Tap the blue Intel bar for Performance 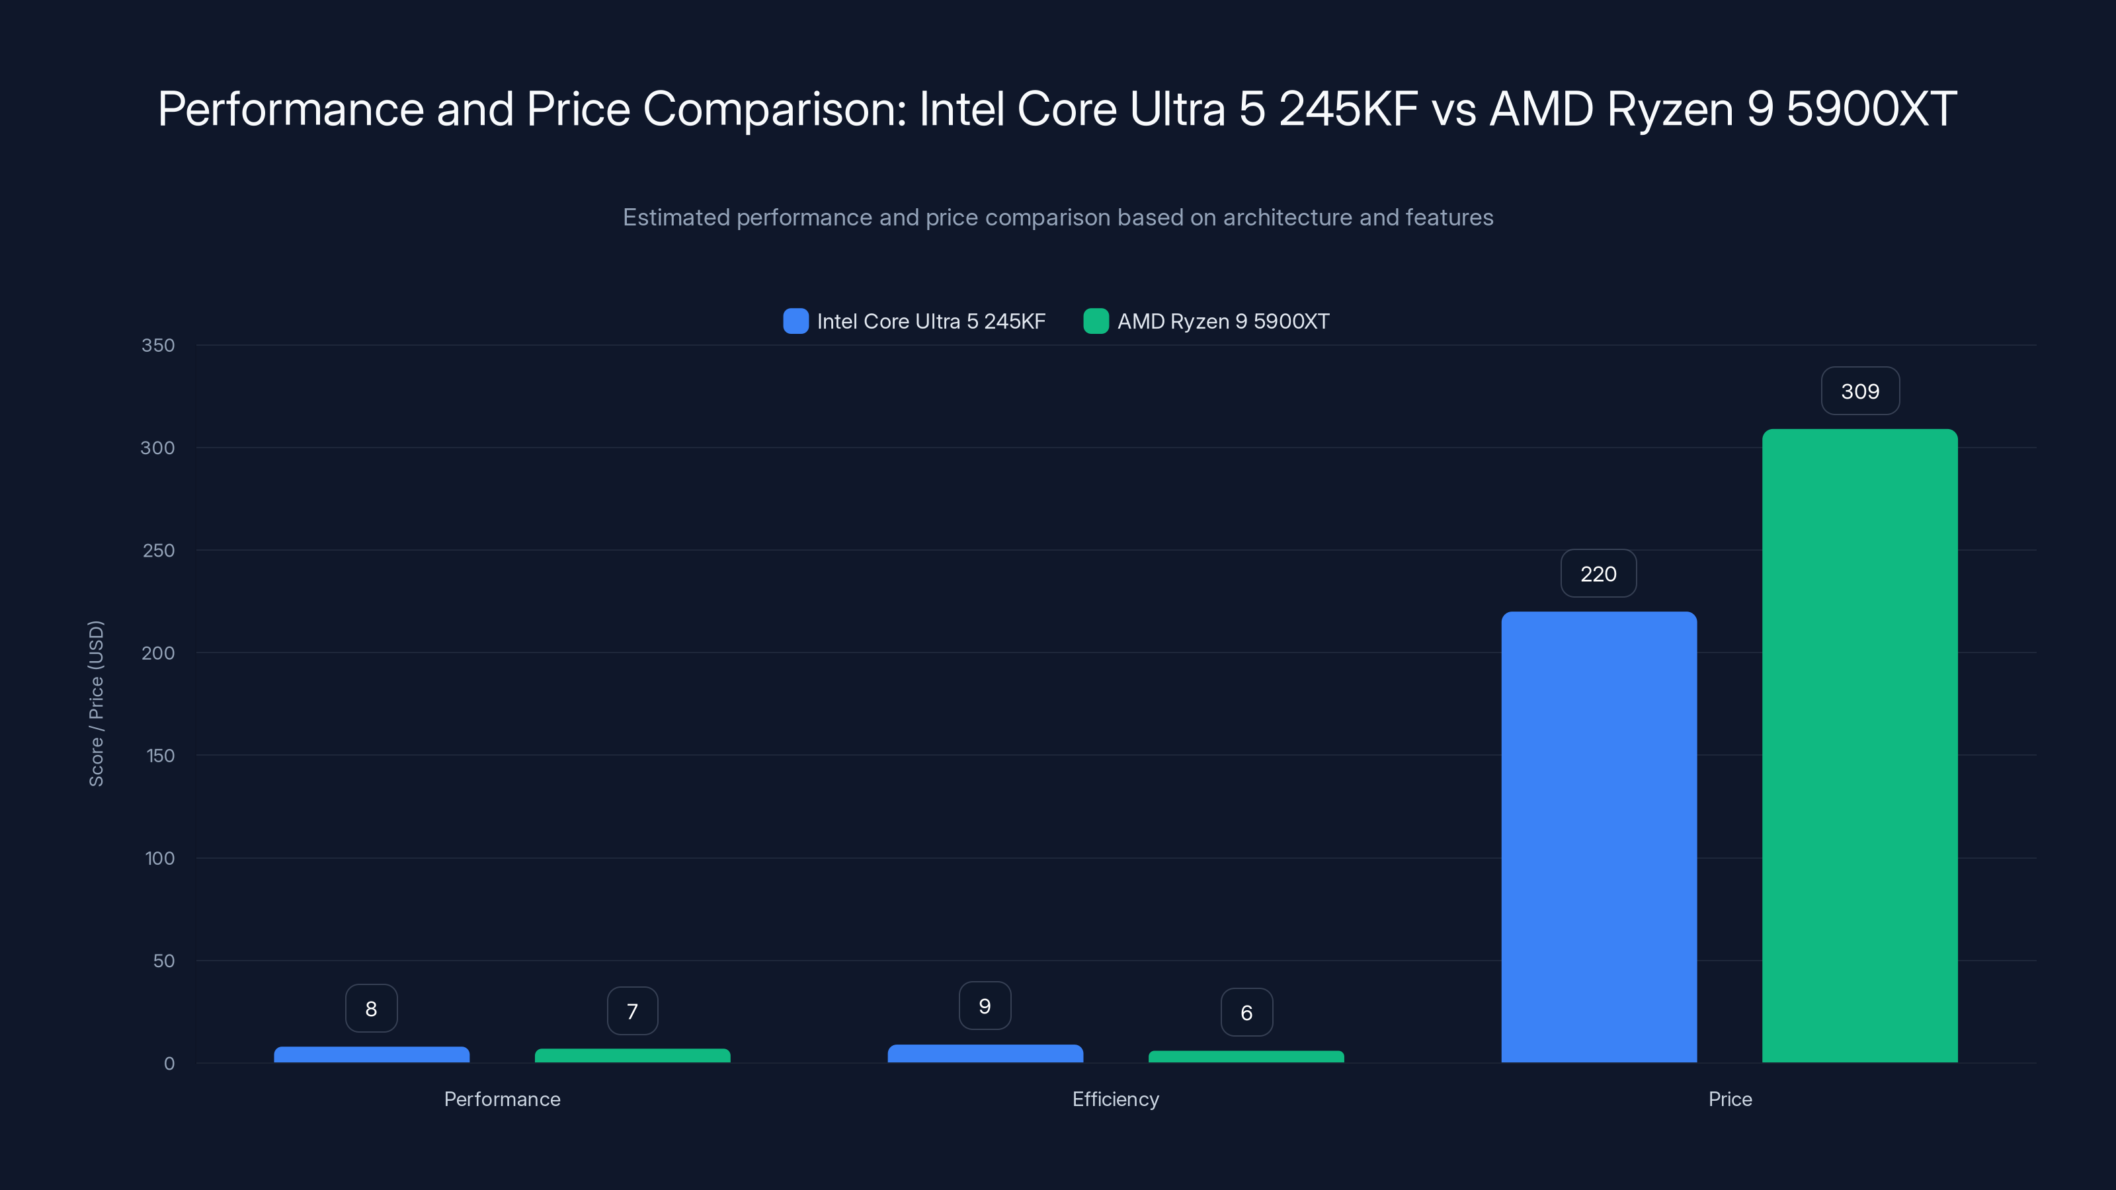371,1054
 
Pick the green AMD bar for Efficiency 1246,1056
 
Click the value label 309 1859,391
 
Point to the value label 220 1598,574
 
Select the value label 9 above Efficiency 984,1006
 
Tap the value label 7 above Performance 631,1011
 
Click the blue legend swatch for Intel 795,321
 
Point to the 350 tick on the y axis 158,345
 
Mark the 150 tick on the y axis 160,756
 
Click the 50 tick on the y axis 163,961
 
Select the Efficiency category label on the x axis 1115,1099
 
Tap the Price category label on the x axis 1729,1099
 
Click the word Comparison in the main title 773,108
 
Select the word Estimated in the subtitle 675,218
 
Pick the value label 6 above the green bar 1246,1013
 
